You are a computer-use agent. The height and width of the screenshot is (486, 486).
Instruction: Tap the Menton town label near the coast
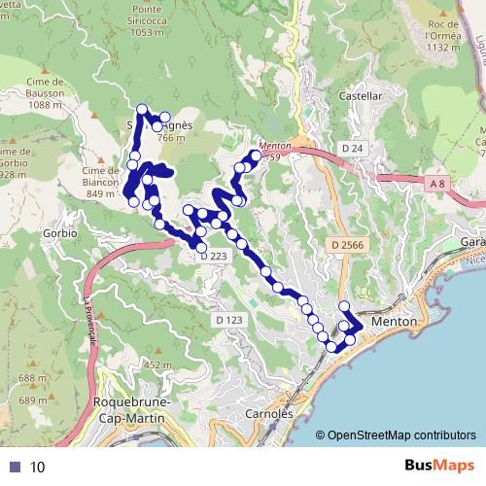pyautogui.click(x=394, y=321)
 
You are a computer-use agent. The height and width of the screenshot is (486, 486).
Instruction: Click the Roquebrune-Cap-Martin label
pyautogui.click(x=131, y=409)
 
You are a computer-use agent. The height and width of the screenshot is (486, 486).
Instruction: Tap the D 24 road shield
pyautogui.click(x=352, y=147)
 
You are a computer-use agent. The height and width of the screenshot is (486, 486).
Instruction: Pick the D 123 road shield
pyautogui.click(x=228, y=319)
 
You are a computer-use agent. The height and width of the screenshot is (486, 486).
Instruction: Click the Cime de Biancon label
pyautogui.click(x=107, y=182)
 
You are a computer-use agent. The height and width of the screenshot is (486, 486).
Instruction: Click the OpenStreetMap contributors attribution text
pyautogui.click(x=401, y=435)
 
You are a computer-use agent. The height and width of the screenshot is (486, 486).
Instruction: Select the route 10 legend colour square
pyautogui.click(x=14, y=468)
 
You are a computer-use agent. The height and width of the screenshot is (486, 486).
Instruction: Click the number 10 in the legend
pyautogui.click(x=38, y=468)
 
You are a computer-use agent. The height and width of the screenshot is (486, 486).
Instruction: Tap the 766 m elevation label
pyautogui.click(x=170, y=139)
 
